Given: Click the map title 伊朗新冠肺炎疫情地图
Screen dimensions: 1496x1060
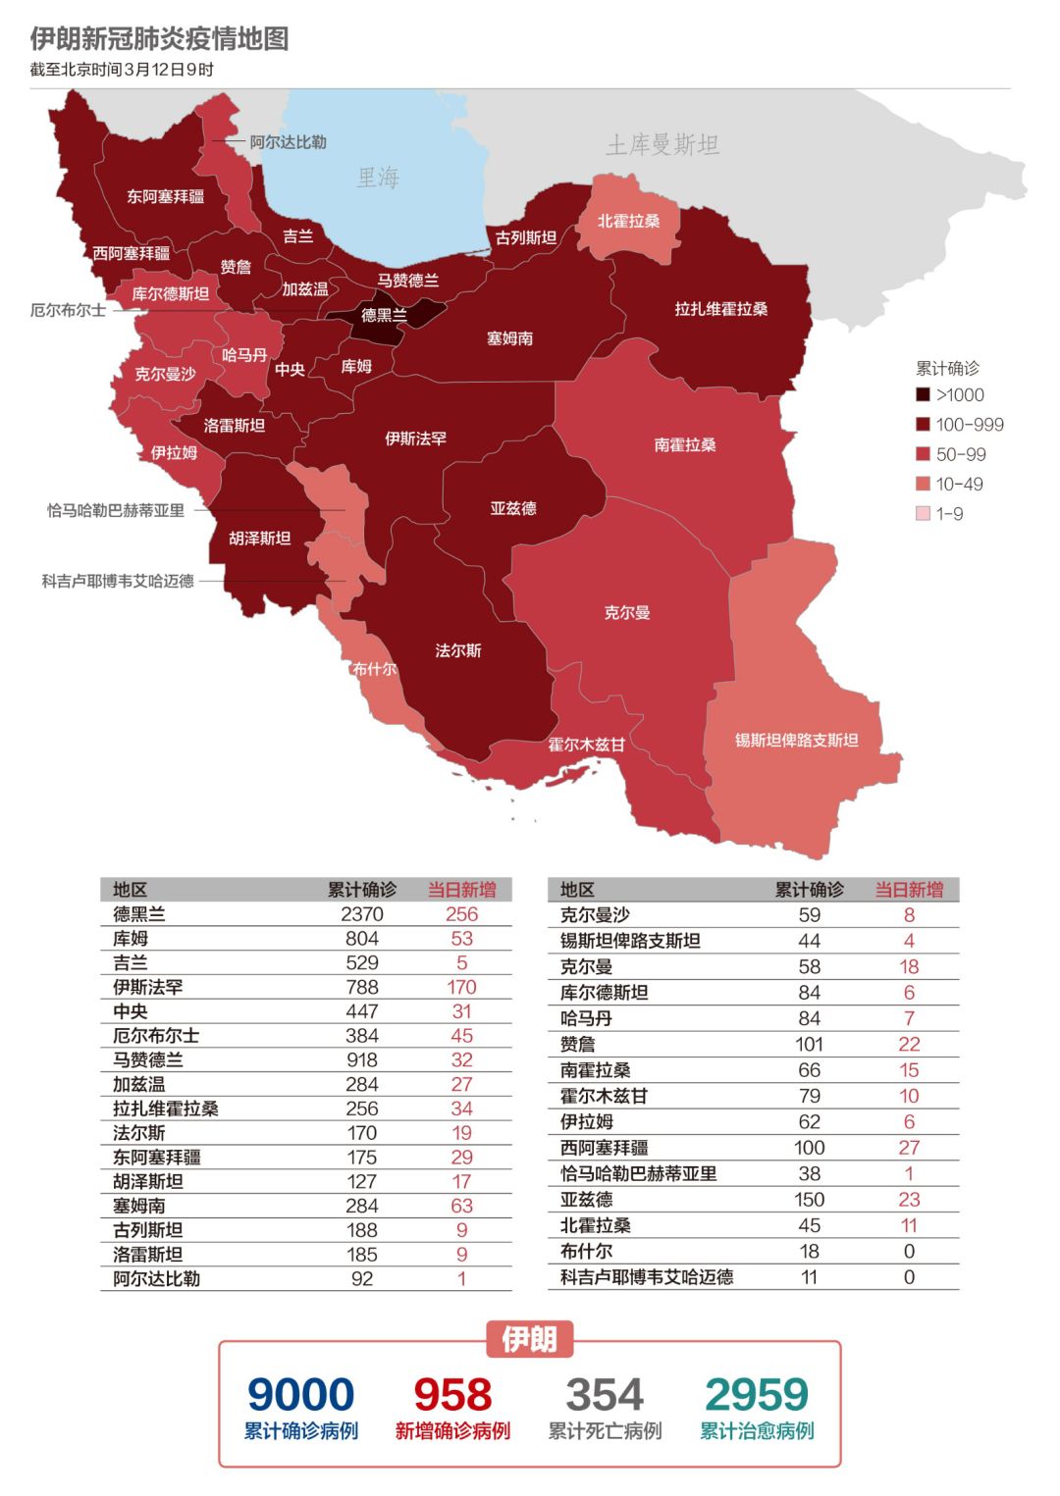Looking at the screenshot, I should coord(159,39).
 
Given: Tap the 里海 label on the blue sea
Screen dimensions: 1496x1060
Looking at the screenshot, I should coord(378,178).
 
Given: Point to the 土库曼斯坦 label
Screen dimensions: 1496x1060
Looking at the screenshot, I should coord(662,145).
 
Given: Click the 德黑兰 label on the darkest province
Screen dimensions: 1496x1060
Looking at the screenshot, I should coord(384,315).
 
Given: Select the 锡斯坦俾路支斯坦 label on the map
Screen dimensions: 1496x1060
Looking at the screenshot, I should coord(796,740).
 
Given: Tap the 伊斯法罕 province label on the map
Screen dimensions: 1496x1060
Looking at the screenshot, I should coord(415,438).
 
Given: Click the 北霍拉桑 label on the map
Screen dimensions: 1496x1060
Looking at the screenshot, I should coord(628,221).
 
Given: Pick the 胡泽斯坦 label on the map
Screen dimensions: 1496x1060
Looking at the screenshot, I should coord(259,538).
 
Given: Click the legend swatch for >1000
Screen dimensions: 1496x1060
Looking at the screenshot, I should coord(923,394).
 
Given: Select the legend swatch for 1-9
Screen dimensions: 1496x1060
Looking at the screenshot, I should coord(923,513).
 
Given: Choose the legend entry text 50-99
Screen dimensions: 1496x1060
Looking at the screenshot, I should coord(961,454).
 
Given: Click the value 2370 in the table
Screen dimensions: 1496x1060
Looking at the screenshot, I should coord(362,914).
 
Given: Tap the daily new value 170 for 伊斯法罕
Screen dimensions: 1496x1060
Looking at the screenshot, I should coord(461,987).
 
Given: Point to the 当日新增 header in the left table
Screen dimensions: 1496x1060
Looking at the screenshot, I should coord(461,890).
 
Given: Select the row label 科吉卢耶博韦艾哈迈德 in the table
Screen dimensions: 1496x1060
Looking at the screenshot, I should coord(647,1276).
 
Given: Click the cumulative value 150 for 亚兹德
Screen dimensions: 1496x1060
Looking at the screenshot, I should coord(809,1199).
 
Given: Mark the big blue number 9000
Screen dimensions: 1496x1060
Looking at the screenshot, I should coord(300,1394).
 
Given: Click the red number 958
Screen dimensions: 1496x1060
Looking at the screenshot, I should coord(452,1394).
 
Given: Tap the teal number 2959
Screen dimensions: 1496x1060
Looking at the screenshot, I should coord(757,1394).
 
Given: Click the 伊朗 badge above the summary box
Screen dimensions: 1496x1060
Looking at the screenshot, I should coord(530,1339).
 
